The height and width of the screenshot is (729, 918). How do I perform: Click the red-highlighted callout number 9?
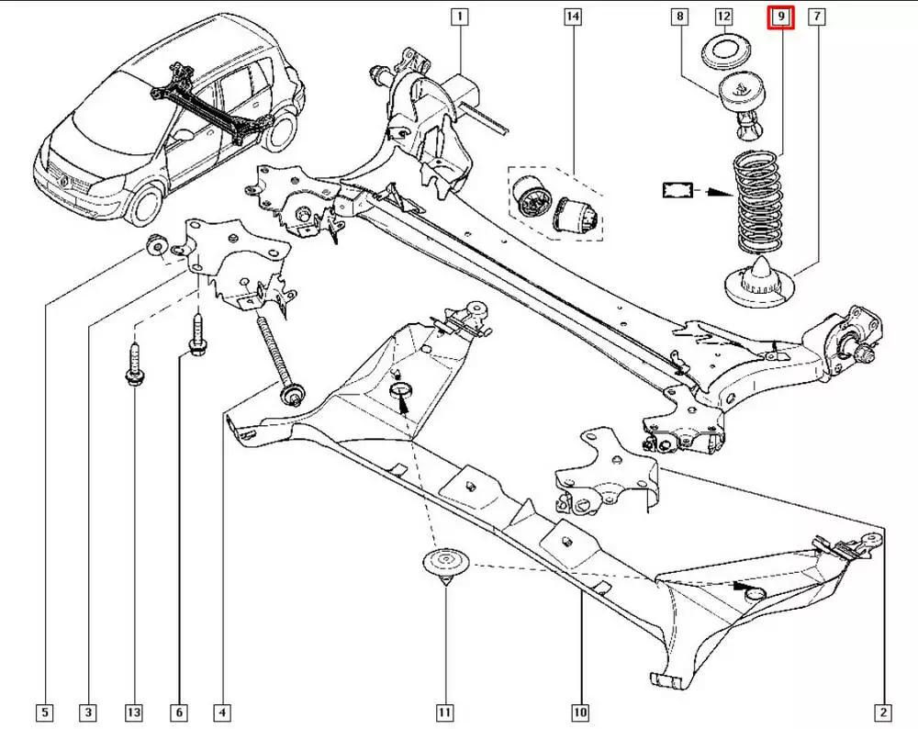tap(779, 17)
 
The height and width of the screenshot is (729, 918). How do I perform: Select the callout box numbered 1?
tap(458, 17)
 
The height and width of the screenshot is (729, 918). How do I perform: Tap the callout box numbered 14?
tap(573, 17)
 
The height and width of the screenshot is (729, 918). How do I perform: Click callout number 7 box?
tap(816, 17)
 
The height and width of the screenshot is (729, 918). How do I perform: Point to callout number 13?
tap(134, 712)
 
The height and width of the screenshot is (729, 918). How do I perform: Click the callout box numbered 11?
tap(444, 712)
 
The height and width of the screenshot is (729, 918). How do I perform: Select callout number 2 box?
tap(882, 712)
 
